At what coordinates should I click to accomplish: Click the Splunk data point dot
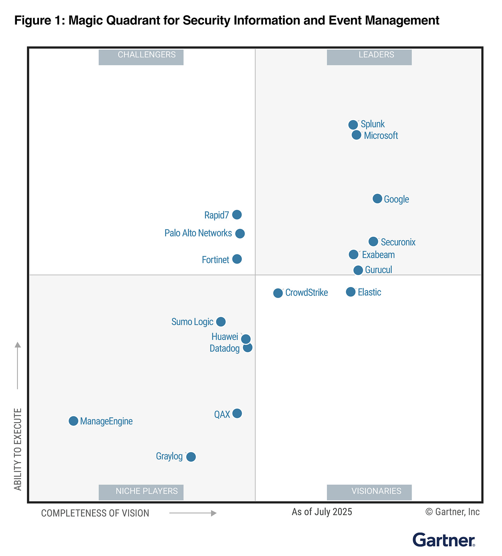pos(353,125)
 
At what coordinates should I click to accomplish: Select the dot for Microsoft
pos(357,135)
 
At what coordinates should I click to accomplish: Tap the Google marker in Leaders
pos(378,198)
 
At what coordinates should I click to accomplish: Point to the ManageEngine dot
pos(73,421)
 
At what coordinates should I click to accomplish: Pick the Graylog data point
pos(191,457)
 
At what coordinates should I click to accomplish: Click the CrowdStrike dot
pos(278,293)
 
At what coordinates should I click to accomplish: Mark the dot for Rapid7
pos(237,215)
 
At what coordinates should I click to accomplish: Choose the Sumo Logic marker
pos(221,322)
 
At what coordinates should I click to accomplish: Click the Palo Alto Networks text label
pos(198,233)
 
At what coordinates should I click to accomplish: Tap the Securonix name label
pos(398,242)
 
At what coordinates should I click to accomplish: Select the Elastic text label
pos(369,292)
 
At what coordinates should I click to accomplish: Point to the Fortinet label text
pos(215,260)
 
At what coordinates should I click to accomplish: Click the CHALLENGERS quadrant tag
pos(141,55)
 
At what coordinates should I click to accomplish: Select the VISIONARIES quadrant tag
pos(369,491)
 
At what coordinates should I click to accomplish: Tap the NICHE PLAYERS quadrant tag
pos(141,491)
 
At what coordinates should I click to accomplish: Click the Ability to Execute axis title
pos(18,449)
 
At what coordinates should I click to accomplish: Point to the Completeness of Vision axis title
pos(95,513)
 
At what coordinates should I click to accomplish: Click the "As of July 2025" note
pos(322,511)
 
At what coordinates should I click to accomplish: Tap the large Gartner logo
pos(444,540)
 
